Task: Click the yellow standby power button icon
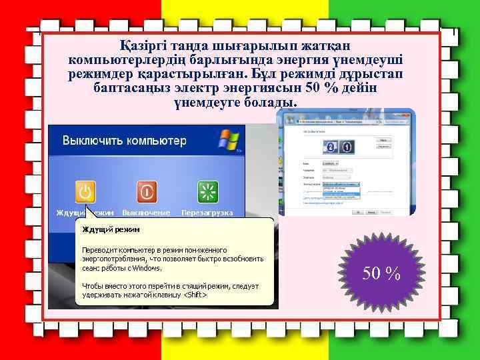pyautogui.click(x=85, y=192)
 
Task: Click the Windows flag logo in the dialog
pyautogui.click(x=228, y=141)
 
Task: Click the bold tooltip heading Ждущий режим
pyautogui.click(x=111, y=230)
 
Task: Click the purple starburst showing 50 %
pyautogui.click(x=381, y=272)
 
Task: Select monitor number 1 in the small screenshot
pyautogui.click(x=347, y=147)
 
